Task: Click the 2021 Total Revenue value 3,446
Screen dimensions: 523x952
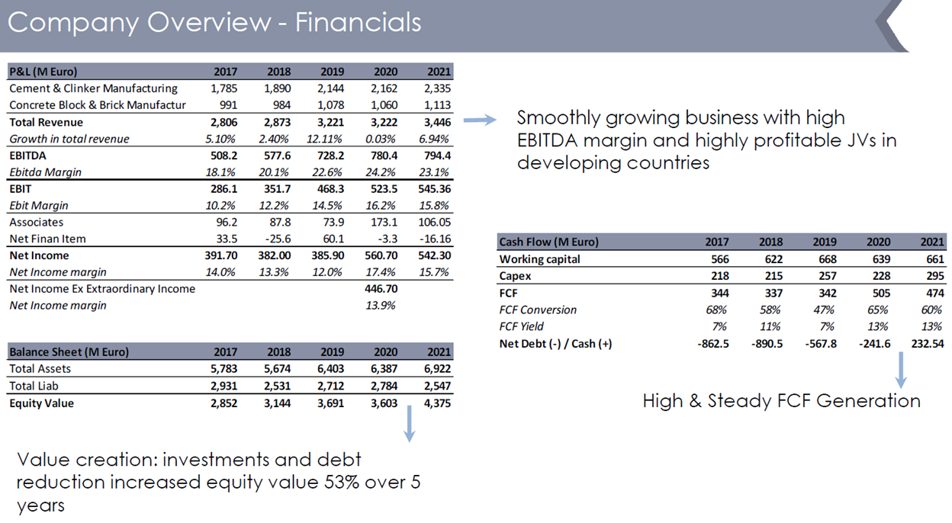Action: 436,122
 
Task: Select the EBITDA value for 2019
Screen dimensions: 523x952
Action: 330,156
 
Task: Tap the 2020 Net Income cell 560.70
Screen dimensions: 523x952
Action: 381,255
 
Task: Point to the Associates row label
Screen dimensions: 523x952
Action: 37,223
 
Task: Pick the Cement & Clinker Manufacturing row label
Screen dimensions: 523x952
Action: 93,88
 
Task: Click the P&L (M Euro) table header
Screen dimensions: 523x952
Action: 43,72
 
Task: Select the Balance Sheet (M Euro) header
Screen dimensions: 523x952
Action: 69,352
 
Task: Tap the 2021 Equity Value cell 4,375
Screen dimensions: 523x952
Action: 436,403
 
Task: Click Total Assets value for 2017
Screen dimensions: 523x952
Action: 223,369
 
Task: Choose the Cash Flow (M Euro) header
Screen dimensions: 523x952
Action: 548,242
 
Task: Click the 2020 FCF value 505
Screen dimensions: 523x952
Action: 880,293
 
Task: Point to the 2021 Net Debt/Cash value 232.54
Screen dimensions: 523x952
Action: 927,343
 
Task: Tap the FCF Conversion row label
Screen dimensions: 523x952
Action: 538,310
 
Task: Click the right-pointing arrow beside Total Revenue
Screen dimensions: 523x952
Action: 480,120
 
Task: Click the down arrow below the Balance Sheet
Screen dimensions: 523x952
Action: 410,423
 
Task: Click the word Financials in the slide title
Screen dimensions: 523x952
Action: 358,22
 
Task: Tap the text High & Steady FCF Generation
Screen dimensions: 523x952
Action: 781,401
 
